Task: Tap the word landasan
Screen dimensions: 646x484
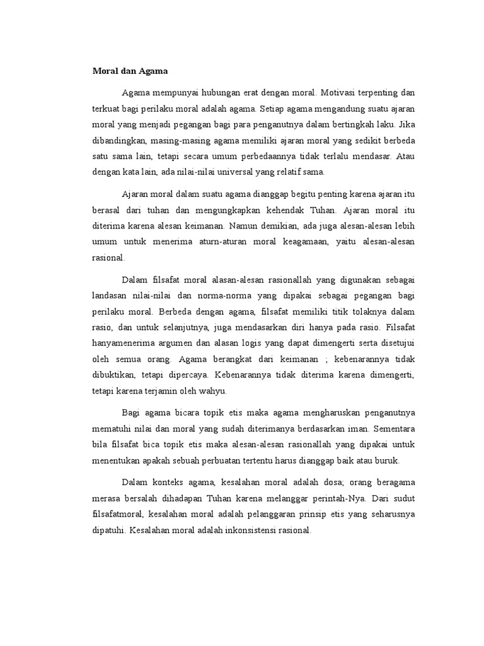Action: point(109,296)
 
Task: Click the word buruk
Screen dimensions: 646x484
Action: point(386,461)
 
